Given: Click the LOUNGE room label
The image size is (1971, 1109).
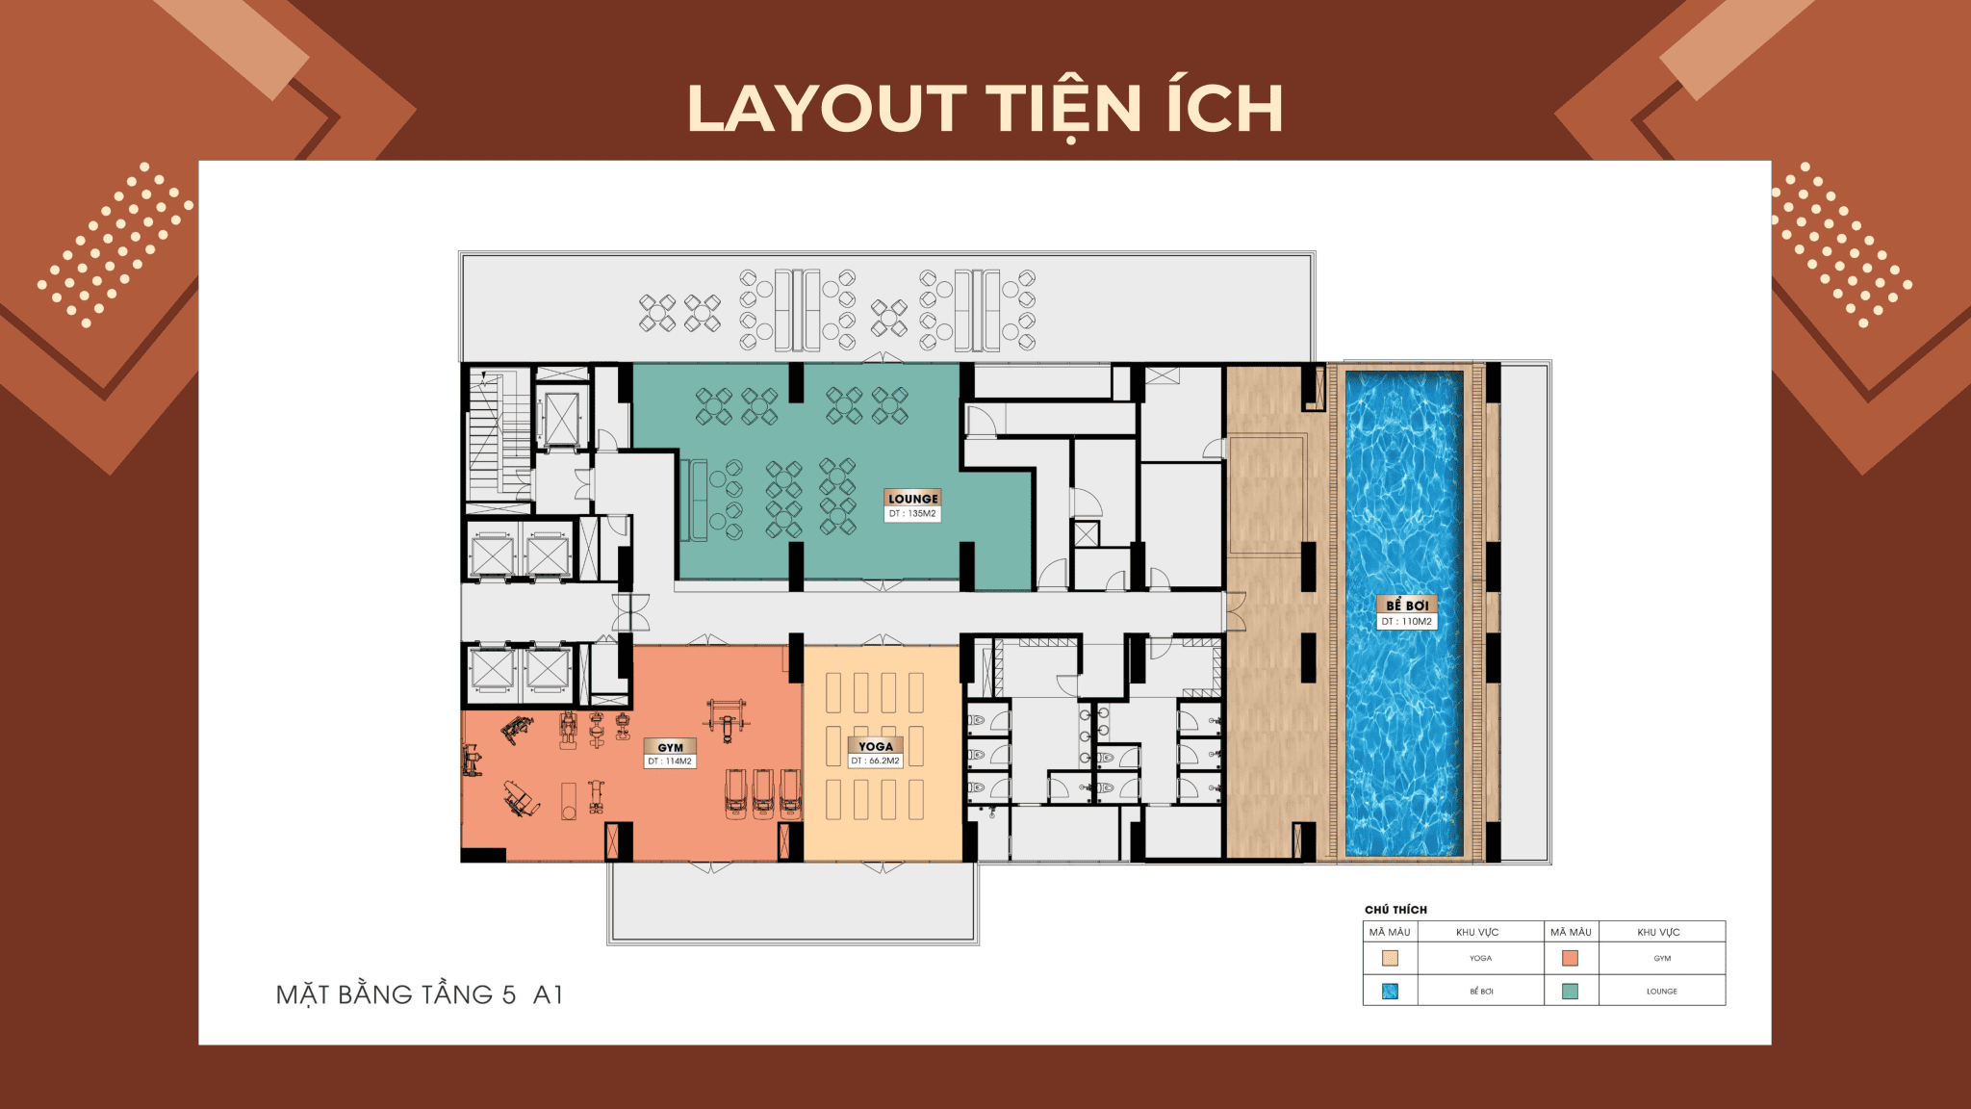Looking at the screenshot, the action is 912,498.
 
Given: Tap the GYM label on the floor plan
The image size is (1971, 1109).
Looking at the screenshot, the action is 670,747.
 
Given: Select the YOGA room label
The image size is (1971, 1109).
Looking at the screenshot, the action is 876,746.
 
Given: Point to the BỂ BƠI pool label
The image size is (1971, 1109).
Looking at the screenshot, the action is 1407,605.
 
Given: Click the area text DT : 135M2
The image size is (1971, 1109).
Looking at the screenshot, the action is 912,514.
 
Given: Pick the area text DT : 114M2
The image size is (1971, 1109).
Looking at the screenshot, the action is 670,761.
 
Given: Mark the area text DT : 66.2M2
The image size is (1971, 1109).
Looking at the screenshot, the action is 876,761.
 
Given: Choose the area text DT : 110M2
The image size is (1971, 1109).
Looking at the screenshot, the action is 1407,622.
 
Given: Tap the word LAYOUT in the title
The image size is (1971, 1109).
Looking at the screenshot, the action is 827,108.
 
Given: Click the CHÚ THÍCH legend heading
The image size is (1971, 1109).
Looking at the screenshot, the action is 1395,910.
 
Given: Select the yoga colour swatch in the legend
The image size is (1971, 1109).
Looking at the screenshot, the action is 1390,958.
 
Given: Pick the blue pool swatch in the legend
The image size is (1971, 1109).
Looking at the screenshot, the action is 1390,991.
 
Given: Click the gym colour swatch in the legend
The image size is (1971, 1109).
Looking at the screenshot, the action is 1570,958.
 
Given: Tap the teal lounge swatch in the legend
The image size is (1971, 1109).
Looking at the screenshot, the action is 1570,991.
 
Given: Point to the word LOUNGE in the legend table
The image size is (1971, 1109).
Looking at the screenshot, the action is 1661,991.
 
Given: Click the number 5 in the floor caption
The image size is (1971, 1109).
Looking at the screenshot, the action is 509,994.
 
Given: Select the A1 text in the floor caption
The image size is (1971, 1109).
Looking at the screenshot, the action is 548,994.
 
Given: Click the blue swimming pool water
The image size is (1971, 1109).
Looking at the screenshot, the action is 1405,722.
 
